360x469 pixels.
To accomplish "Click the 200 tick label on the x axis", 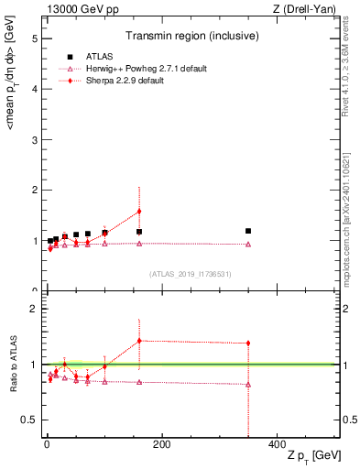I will pos(161,444).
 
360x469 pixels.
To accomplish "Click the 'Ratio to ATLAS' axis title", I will pos(14,365).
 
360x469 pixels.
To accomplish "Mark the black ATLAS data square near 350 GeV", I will pos(248,231).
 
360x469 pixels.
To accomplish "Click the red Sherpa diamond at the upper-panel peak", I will pos(139,212).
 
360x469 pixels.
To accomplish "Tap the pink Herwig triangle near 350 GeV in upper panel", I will pos(248,245).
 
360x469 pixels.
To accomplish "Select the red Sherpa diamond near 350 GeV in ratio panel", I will pos(248,344).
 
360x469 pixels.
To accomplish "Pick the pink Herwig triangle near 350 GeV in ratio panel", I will pos(248,385).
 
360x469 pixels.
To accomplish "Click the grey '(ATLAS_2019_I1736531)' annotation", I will pos(190,274).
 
